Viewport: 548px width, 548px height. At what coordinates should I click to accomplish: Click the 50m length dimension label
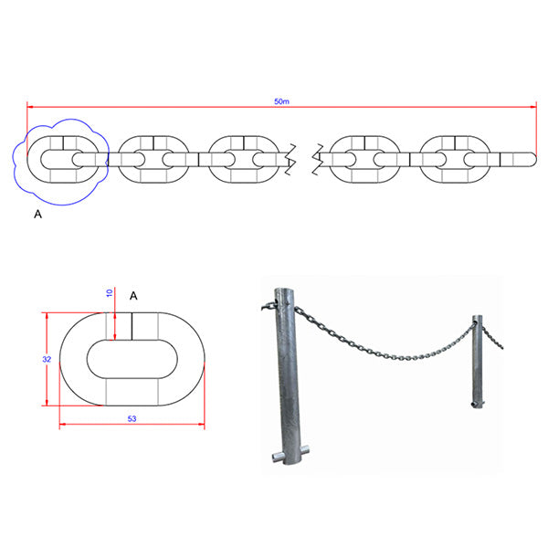(x=281, y=101)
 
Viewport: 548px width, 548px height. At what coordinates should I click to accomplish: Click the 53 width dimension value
(x=132, y=418)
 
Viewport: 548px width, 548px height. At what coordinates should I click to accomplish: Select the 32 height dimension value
(x=47, y=359)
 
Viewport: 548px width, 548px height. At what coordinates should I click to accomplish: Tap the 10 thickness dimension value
(x=110, y=293)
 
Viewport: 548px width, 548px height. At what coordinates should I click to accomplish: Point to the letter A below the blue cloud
(x=37, y=215)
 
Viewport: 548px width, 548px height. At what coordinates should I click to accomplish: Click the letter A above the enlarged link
(x=133, y=296)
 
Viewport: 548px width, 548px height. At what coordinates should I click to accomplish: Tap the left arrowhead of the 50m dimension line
(x=30, y=107)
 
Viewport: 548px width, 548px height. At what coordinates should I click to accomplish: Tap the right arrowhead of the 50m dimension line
(x=533, y=107)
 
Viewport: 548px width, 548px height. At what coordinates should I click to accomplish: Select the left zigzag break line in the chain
(x=290, y=159)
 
